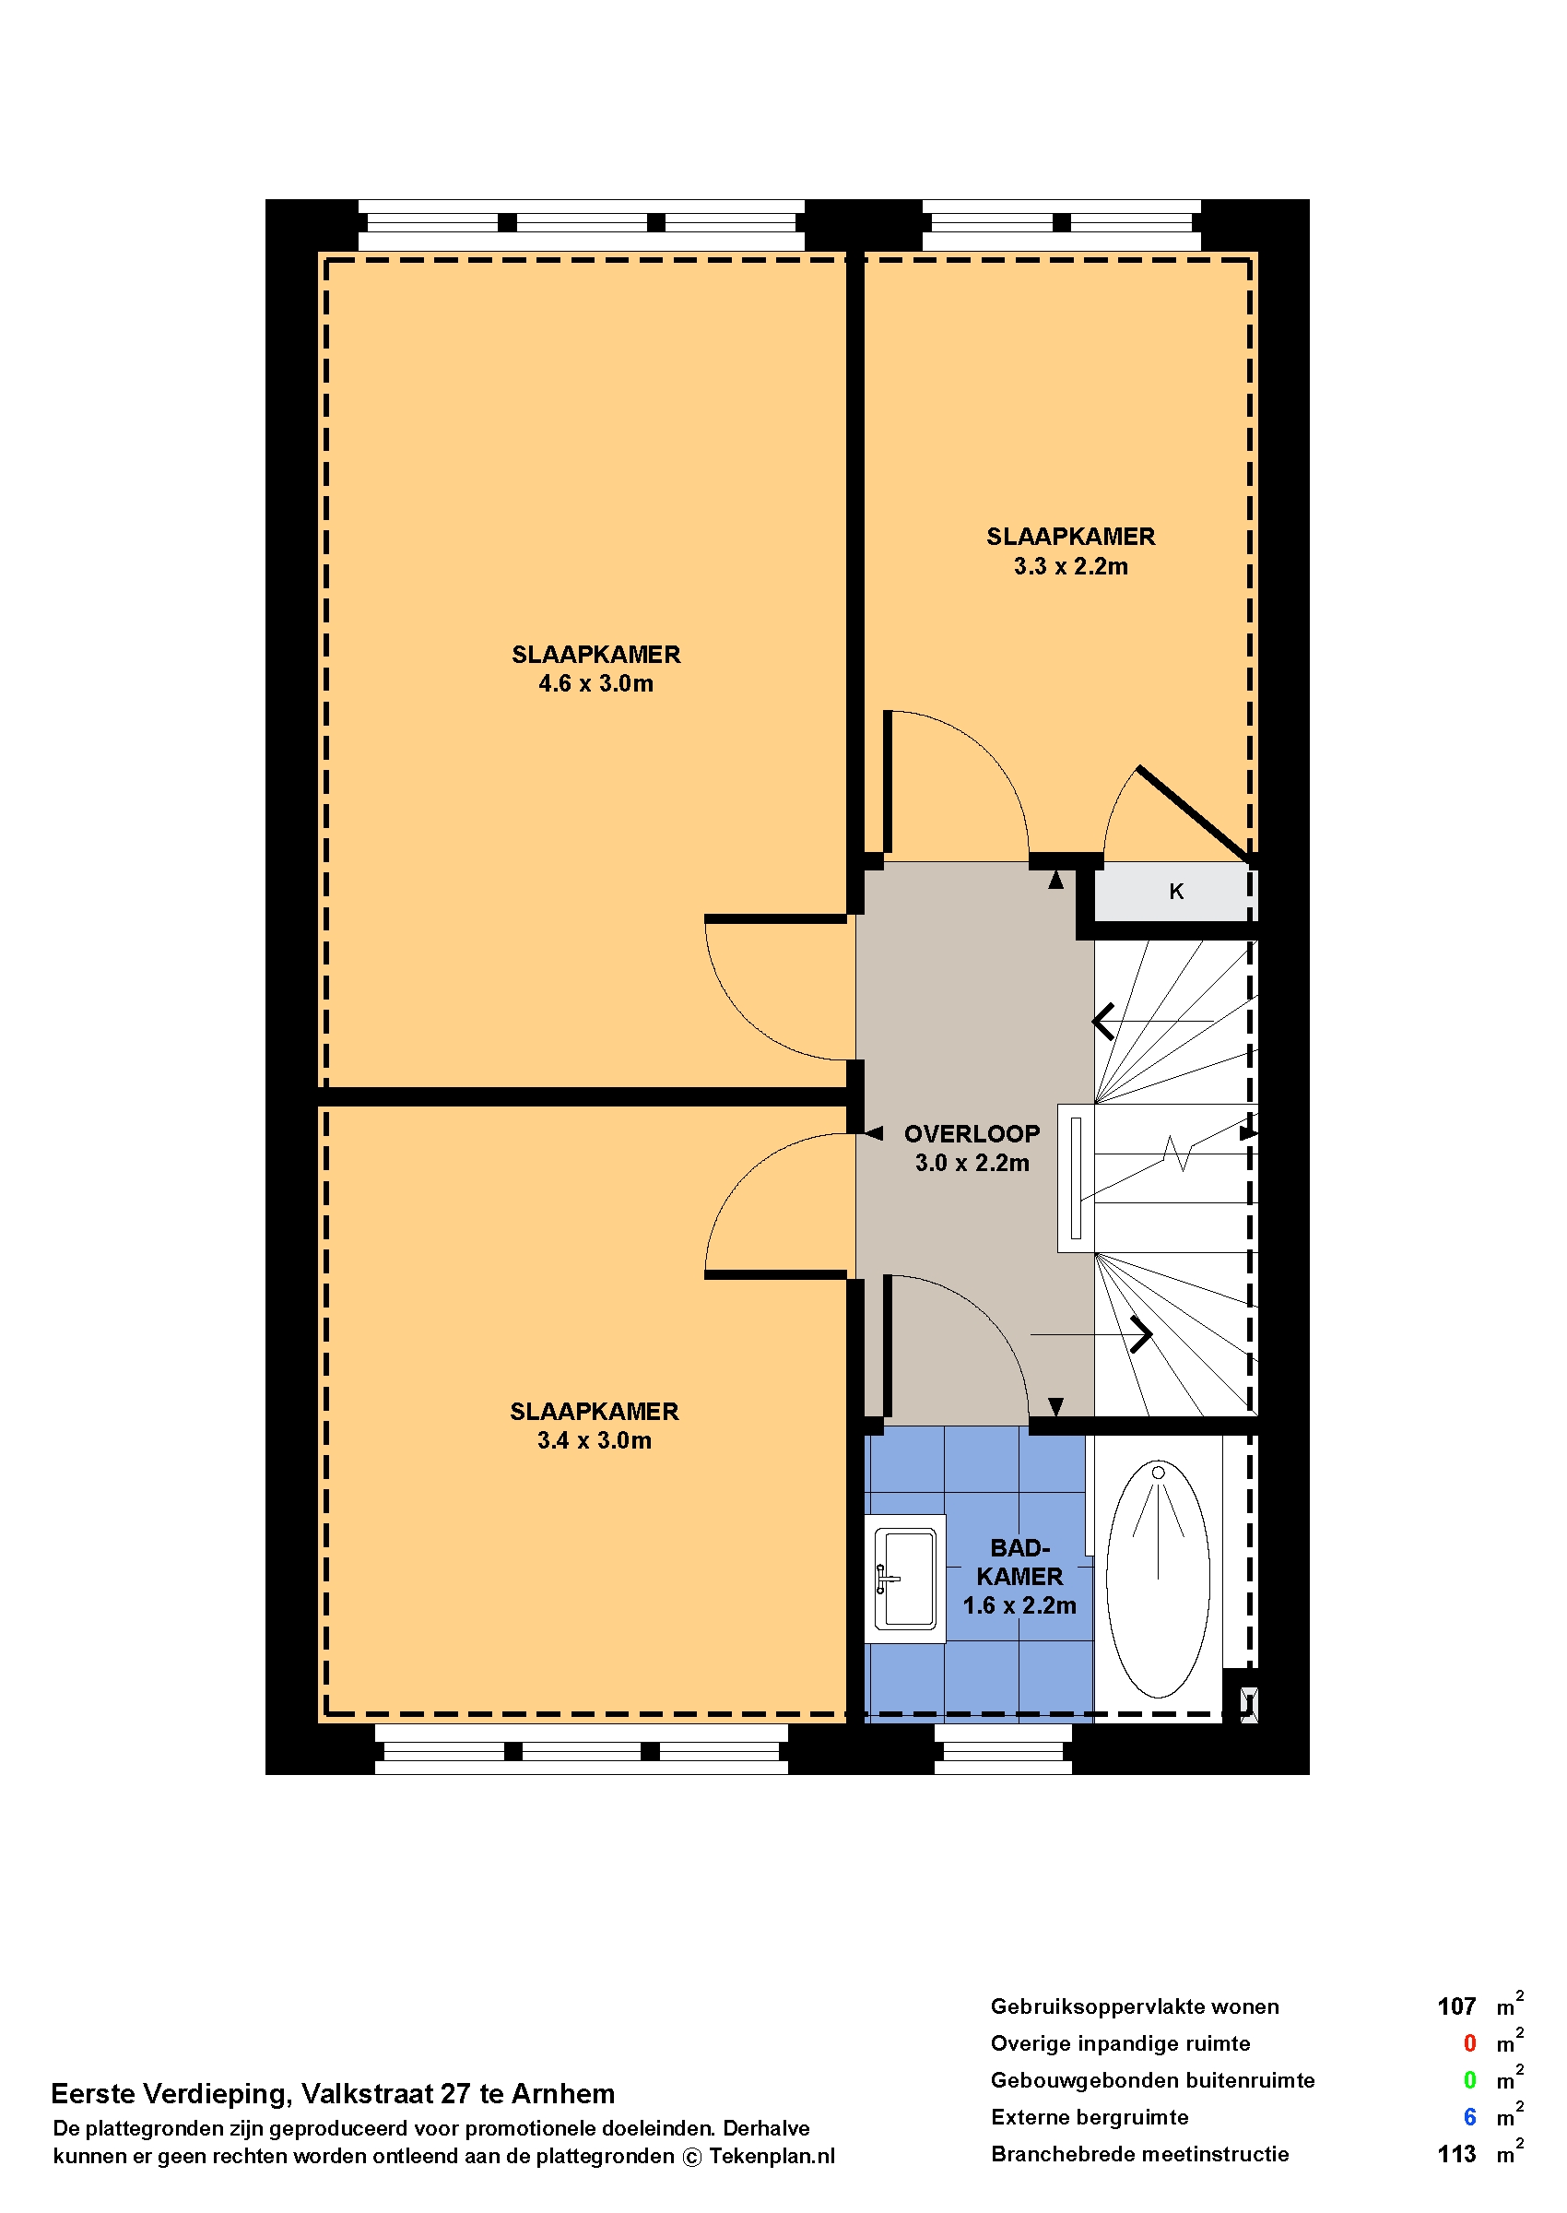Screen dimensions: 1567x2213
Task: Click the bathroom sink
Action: click(x=904, y=1579)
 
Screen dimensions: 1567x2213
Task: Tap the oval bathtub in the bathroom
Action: click(x=1158, y=1579)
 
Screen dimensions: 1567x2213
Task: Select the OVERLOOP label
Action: click(x=972, y=1133)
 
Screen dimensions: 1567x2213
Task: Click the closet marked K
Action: click(x=1175, y=892)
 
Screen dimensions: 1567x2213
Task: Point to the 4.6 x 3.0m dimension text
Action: click(x=595, y=683)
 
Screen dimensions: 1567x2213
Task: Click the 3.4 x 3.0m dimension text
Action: click(x=595, y=1440)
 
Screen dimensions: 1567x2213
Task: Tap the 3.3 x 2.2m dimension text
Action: click(x=1070, y=566)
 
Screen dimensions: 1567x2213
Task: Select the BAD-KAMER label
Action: click(x=1019, y=1562)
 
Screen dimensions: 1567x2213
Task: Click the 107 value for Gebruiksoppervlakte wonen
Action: click(x=1456, y=2007)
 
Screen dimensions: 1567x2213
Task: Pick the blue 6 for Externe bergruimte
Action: click(x=1469, y=2117)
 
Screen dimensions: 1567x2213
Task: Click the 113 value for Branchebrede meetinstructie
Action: click(x=1456, y=2154)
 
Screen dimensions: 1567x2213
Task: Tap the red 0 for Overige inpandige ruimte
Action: click(x=1469, y=2044)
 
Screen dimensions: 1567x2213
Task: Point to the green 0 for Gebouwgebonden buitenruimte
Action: click(x=1469, y=2081)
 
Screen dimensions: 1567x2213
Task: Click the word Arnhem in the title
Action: click(x=562, y=2094)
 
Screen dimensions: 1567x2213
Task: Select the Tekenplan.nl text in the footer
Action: click(x=772, y=2157)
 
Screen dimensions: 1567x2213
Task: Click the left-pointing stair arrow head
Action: click(x=1104, y=1021)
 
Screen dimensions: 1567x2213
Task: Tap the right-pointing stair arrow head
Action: click(x=1141, y=1335)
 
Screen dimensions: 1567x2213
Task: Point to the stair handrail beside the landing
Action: click(x=1076, y=1178)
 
